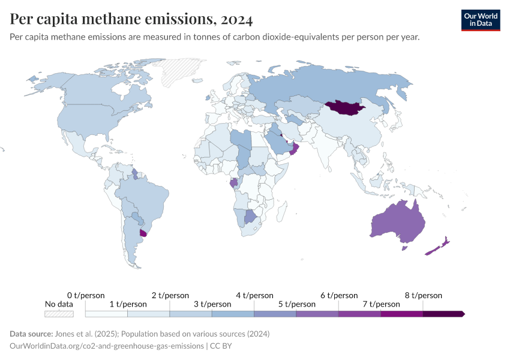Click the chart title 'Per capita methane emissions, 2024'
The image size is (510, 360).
click(x=131, y=19)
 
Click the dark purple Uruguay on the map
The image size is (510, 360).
click(x=143, y=233)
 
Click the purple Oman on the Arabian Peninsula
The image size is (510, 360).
click(x=294, y=148)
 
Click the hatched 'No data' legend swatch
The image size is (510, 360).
click(x=59, y=313)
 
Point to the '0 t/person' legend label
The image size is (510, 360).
click(x=86, y=295)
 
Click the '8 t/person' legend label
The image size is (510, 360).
click(x=423, y=295)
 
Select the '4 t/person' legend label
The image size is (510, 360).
click(x=254, y=295)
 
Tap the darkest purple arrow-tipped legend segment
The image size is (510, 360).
click(x=443, y=313)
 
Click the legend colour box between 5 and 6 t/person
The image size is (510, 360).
click(x=317, y=313)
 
